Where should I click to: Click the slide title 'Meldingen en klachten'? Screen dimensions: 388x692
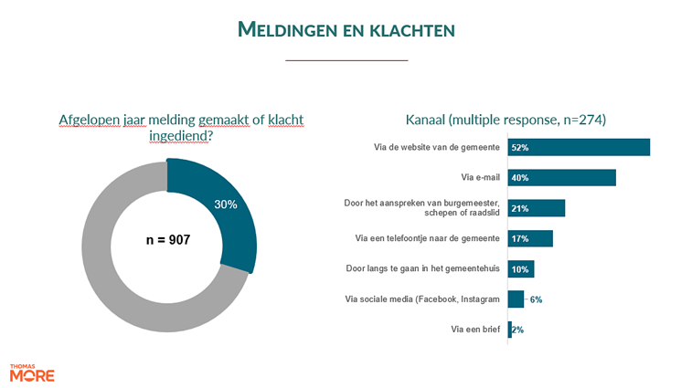click(x=346, y=29)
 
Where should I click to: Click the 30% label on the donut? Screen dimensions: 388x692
click(x=225, y=204)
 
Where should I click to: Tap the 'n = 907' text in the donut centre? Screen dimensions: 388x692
click(x=167, y=240)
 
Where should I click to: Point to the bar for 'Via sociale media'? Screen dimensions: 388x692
click(x=516, y=299)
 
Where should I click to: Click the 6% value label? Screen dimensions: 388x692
click(x=537, y=299)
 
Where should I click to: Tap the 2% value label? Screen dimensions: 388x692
click(x=518, y=330)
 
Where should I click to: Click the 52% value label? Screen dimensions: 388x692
click(x=520, y=147)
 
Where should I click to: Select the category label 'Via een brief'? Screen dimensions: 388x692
click(x=475, y=330)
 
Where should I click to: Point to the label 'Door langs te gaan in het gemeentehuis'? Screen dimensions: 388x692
click(x=423, y=269)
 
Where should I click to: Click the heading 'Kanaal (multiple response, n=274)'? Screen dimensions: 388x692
click(x=506, y=120)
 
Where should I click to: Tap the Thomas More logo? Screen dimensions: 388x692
click(x=32, y=373)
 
